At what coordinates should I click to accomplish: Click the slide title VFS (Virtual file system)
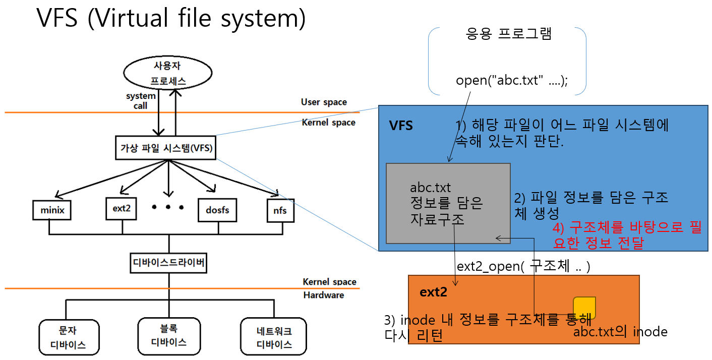(171, 19)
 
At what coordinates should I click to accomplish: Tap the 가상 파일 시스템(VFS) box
(166, 148)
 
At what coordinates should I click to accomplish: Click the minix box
(52, 210)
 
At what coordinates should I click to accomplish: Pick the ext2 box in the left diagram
(122, 208)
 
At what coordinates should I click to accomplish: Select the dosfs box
(218, 209)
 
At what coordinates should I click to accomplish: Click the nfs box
(280, 210)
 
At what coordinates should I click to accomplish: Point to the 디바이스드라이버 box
(168, 263)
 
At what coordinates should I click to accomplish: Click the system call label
(141, 100)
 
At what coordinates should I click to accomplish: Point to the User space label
(324, 102)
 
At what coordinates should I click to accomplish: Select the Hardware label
(323, 295)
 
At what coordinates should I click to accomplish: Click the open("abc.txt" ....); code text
(511, 81)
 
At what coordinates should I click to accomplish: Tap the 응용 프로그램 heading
(509, 34)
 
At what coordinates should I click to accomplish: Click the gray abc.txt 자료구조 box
(448, 203)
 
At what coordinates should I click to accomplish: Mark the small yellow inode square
(584, 308)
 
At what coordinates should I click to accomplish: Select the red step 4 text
(627, 235)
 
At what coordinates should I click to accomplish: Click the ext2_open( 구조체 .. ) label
(523, 266)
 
